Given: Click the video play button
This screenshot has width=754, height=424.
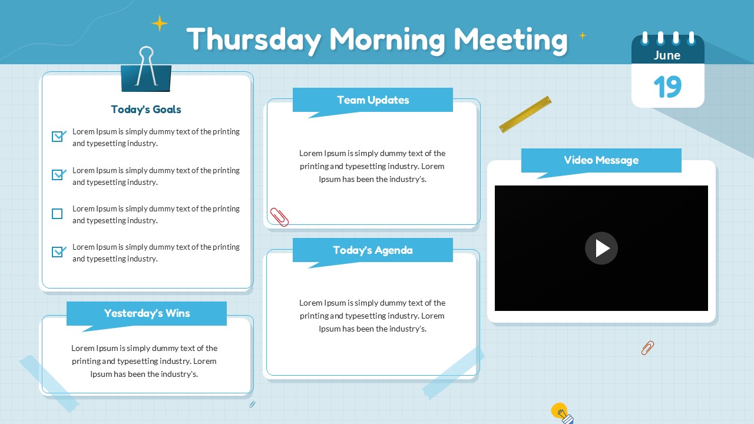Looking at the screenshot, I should pos(601,248).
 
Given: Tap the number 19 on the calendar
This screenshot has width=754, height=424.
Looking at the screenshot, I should pos(667,87).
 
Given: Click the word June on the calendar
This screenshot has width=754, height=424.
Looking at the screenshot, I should pos(667,55).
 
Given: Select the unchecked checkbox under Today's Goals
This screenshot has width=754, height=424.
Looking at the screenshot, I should pos(57,214).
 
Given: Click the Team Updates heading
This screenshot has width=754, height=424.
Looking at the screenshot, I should pos(373,100).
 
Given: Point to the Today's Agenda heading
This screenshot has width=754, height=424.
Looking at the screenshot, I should pos(373,250).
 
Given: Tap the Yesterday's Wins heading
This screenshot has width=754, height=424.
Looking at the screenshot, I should pos(147,313).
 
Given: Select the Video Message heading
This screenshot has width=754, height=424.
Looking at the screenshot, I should pos(601,160).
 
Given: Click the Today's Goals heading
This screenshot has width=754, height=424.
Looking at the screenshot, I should pos(146,110).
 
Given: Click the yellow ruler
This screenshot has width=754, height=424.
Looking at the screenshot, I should pos(525,114).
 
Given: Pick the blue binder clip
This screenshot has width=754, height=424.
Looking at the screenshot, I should pos(146,73).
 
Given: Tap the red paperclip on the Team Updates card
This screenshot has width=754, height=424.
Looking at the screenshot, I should pos(279,217).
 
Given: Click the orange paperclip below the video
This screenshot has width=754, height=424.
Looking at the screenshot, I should pos(647,347).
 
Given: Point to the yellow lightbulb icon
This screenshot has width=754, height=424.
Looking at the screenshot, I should pos(560,412).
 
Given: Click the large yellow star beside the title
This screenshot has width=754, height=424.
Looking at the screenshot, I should pos(160,24).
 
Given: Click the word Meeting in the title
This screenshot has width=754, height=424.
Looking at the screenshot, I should pos(510,39).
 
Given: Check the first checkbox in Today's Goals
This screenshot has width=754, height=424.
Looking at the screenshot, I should pos(58,137).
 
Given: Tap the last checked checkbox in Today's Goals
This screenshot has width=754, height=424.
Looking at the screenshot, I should pos(58,252).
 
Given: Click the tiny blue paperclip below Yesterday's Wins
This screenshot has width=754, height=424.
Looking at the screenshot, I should pos(253,404).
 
